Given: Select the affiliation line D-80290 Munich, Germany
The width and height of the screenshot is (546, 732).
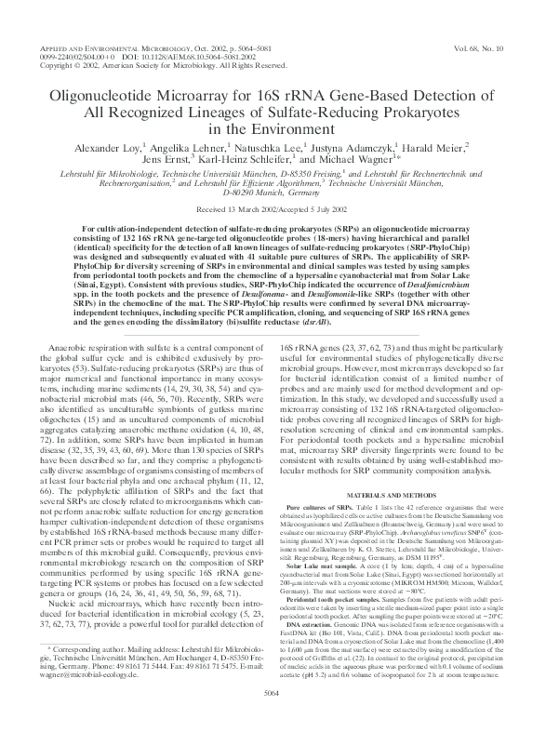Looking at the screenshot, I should point(273,193).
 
